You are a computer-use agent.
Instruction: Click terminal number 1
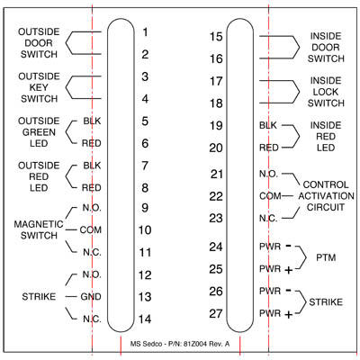tap(146, 31)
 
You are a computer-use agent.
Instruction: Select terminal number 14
tap(145, 319)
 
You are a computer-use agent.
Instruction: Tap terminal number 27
tap(216, 313)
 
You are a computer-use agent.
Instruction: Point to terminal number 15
tap(216, 37)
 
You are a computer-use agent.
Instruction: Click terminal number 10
tap(145, 230)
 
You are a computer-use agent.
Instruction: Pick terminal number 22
tap(216, 196)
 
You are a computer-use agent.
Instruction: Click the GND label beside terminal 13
tap(91, 297)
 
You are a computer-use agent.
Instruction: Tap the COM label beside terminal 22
tap(270, 196)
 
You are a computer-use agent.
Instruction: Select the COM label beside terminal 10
tap(91, 230)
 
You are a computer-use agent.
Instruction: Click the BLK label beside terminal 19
tap(268, 125)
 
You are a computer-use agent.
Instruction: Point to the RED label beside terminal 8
tap(92, 188)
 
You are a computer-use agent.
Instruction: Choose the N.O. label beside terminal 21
tap(269, 174)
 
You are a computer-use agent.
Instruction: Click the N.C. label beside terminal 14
tap(92, 319)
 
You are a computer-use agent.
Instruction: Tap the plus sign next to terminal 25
tap(288, 270)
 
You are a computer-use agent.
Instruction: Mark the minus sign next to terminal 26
tap(288, 290)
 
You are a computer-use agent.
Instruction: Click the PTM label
tap(326, 257)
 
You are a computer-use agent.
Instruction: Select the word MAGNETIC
tap(39, 224)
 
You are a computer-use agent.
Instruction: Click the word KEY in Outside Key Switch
tap(39, 87)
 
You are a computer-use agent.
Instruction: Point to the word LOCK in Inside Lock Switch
tap(326, 92)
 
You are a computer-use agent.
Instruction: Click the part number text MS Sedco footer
tap(180, 344)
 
